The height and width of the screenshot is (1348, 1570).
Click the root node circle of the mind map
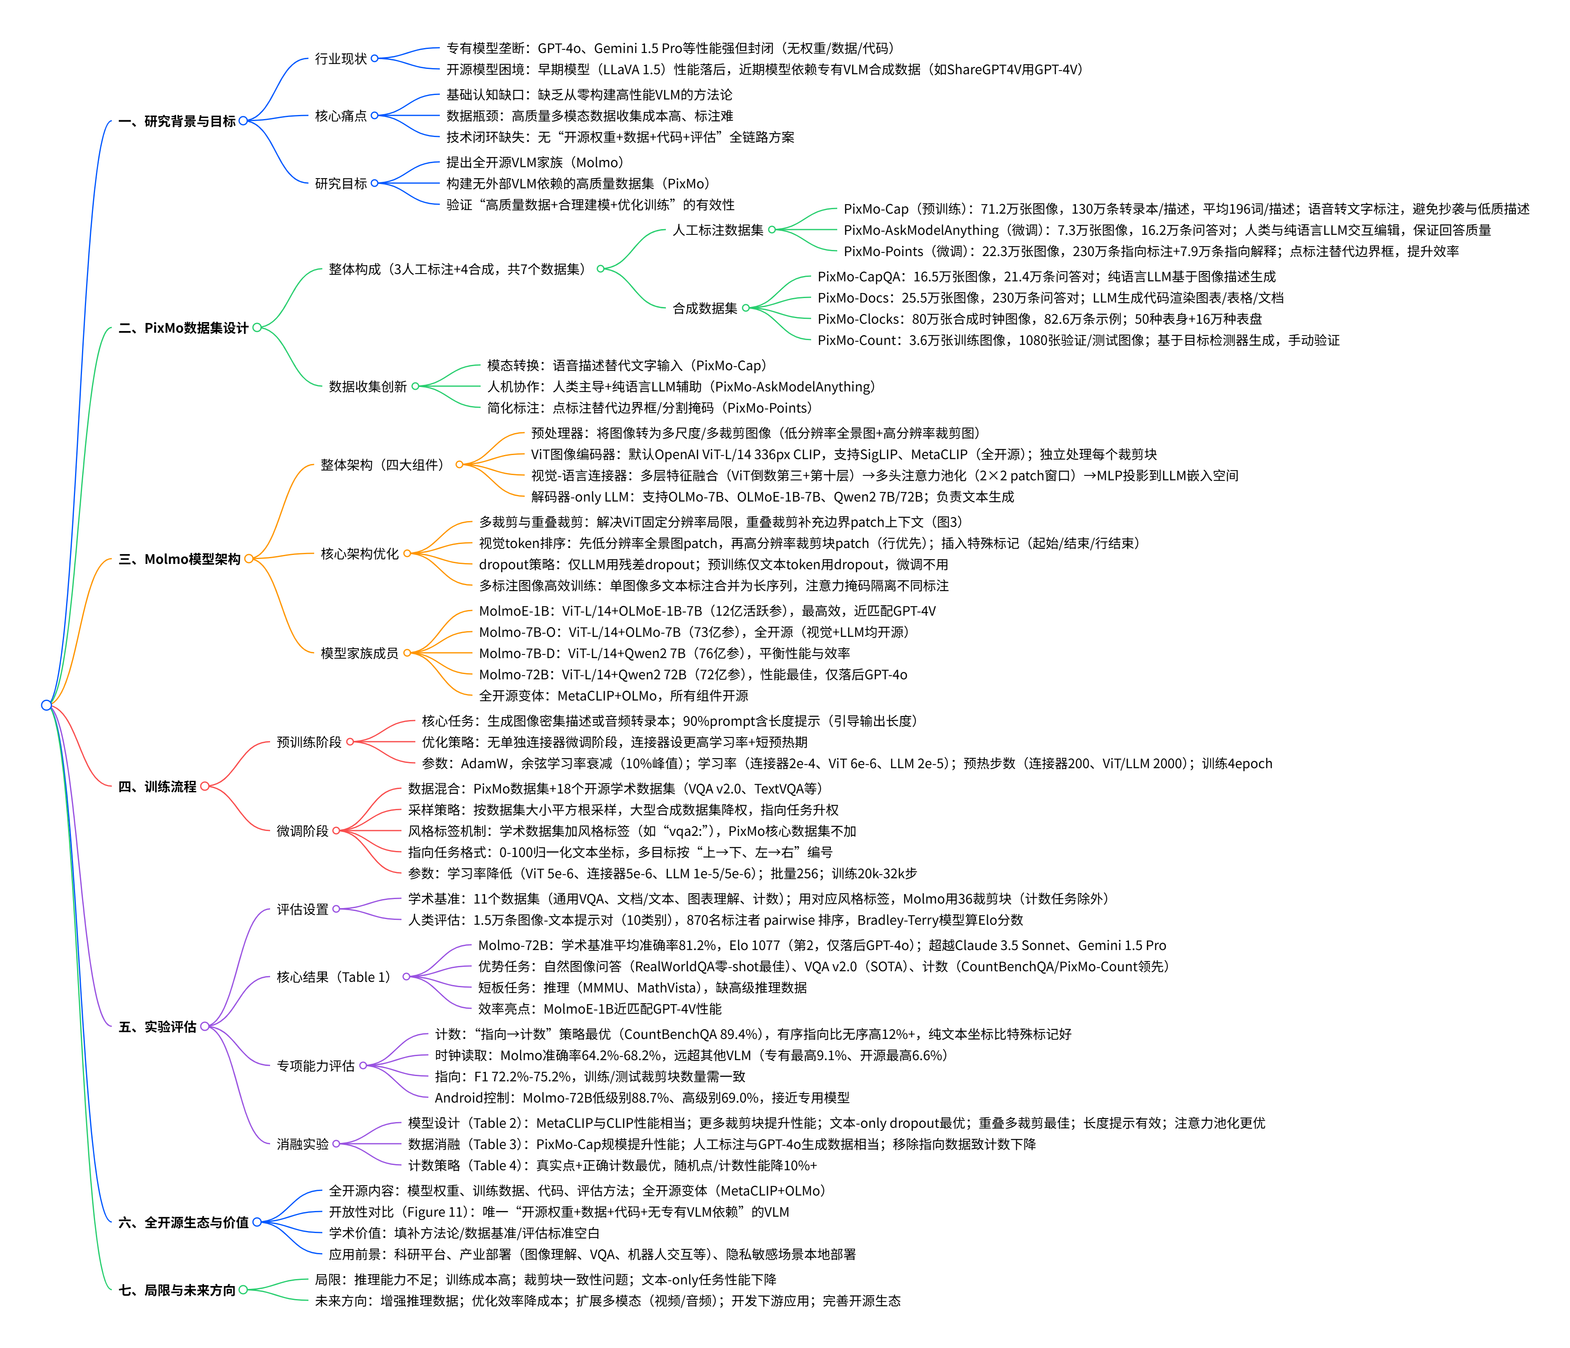(x=46, y=705)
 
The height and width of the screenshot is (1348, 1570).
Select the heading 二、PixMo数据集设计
(x=183, y=328)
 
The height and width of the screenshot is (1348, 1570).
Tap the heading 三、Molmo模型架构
(x=180, y=559)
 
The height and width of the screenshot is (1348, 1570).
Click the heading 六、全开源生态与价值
(x=183, y=1222)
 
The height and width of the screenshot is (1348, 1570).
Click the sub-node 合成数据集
(x=705, y=308)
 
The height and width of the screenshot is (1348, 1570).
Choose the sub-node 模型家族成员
(x=359, y=653)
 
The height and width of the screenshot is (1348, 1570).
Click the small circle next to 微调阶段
(x=336, y=831)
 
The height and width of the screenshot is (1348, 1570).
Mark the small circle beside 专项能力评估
(x=363, y=1065)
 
